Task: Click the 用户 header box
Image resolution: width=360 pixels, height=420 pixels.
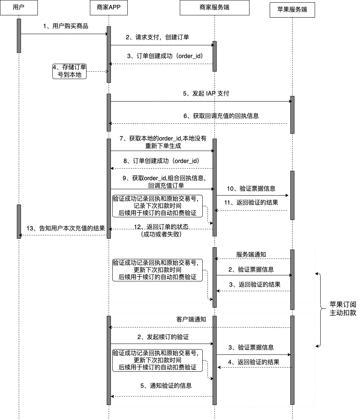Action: coord(19,7)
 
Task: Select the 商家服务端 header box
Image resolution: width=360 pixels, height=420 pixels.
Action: coord(214,7)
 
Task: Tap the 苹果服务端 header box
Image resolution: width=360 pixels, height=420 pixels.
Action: coord(292,10)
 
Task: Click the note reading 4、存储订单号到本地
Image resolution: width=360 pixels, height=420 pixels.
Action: coord(69,71)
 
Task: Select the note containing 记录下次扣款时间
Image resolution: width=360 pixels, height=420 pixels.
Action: coord(157,206)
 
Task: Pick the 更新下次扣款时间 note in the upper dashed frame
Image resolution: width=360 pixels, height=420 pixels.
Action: coord(157,270)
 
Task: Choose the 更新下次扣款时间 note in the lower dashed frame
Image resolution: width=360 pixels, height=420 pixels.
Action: coord(157,360)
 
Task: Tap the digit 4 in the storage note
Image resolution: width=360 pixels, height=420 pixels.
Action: coord(54,67)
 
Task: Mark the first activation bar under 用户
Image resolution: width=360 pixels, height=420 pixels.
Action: coord(19,36)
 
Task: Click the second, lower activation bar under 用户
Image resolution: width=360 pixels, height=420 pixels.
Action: coord(19,221)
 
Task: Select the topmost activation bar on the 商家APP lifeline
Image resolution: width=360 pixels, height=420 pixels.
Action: coord(109,54)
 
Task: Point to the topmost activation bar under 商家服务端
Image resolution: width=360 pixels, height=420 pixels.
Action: coord(215,56)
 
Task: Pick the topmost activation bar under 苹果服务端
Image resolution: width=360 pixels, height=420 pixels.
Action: coord(292,115)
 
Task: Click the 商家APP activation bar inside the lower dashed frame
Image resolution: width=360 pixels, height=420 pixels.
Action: coord(109,360)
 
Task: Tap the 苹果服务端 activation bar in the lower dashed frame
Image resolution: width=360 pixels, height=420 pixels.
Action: coord(292,360)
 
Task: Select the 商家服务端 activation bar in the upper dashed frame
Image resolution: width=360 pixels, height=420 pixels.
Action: coord(215,277)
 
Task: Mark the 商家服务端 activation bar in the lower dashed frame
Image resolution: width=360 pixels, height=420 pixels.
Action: coord(215,360)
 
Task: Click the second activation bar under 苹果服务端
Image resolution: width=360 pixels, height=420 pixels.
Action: coord(292,195)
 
